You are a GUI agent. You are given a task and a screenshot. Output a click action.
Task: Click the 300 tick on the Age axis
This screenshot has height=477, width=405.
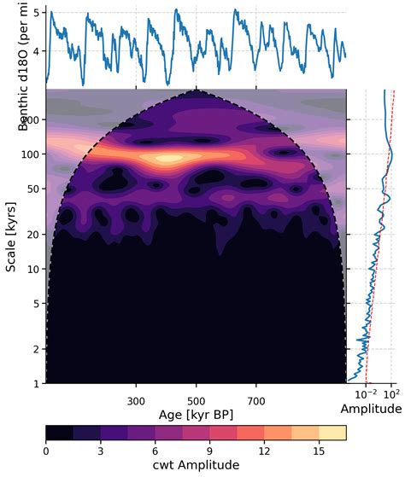pos(136,399)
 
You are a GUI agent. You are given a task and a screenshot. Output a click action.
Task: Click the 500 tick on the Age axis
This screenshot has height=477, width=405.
pos(197,399)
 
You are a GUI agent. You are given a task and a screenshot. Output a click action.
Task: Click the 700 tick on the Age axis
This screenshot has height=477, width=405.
pos(257,399)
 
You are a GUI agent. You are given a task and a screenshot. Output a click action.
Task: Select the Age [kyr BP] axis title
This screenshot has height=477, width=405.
pos(196,414)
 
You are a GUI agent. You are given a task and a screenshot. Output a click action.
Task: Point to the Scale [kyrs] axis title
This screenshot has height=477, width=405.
pos(11,236)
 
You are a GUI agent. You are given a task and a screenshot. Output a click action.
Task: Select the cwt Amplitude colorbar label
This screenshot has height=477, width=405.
pos(196,466)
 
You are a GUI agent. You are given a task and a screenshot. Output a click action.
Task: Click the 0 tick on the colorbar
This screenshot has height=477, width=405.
pos(46,451)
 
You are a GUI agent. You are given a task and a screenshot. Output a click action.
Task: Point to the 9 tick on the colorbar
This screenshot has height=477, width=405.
pos(210,451)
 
